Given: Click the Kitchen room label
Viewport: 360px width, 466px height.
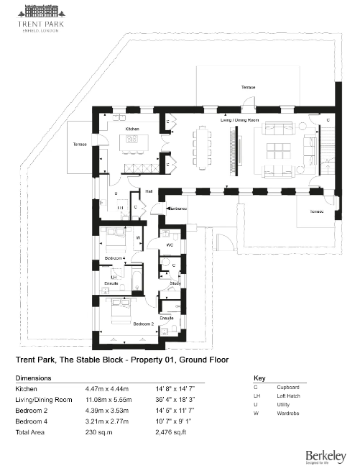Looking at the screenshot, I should [x=132, y=129].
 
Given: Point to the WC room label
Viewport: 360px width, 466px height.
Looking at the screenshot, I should [x=170, y=245].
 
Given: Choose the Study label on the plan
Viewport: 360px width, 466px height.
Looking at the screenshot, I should [x=175, y=283].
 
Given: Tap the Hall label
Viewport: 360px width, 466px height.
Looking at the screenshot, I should [x=149, y=192].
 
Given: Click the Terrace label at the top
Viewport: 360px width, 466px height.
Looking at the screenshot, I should [x=248, y=86].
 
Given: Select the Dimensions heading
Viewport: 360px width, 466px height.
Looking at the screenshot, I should [x=34, y=378].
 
